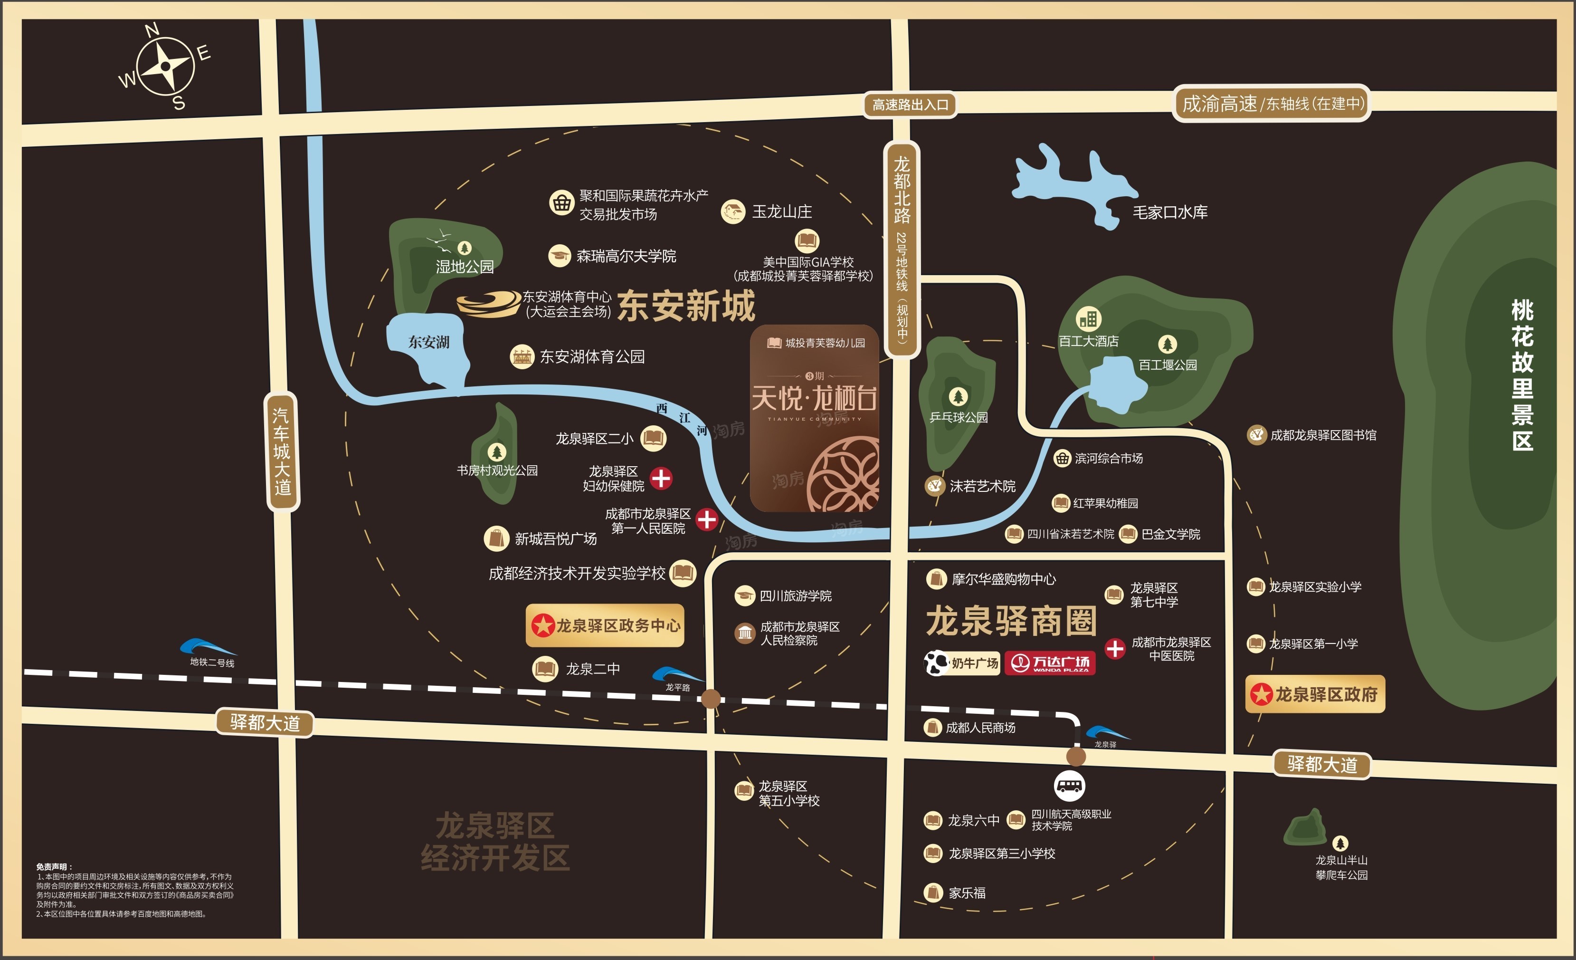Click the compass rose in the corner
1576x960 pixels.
pos(165,66)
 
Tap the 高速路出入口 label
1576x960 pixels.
pos(910,105)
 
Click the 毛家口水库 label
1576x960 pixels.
pos(1170,212)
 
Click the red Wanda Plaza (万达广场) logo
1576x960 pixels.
pos(1050,663)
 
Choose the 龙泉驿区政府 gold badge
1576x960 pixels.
pos(1315,694)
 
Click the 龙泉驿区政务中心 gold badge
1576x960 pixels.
pos(605,625)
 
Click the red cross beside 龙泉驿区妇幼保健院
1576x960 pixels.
pos(661,478)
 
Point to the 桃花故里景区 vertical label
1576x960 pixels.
pos(1522,375)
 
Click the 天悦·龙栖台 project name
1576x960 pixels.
pos(814,399)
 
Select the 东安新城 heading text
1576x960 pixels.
pos(686,306)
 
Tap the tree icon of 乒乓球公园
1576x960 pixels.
pos(958,397)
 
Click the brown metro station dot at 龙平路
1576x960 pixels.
pos(711,698)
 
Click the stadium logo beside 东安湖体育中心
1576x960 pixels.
pos(489,304)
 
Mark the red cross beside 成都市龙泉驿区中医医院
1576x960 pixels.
pos(1115,648)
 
